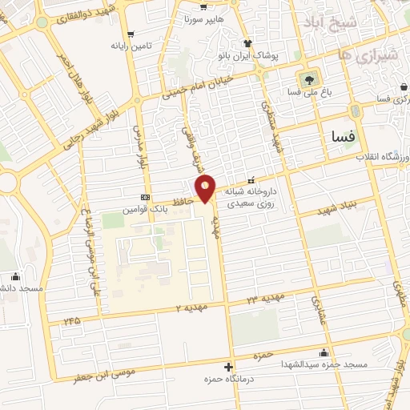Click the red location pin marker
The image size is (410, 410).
pos(207,189)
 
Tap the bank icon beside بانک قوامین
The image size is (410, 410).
pos(145,197)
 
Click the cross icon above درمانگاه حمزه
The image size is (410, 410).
pos(229,366)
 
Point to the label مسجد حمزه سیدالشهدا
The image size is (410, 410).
pos(323,364)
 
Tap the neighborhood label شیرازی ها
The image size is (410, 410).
pos(356,55)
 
